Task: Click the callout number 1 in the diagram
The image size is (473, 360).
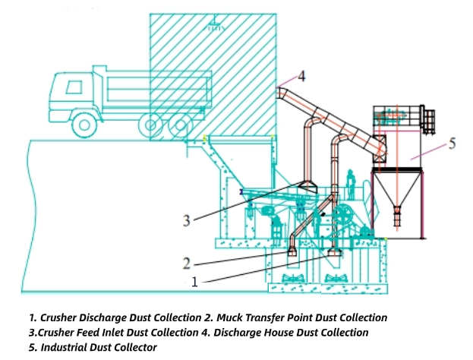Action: (194, 281)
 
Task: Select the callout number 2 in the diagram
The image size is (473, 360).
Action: (186, 263)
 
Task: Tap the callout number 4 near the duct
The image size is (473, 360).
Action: (301, 76)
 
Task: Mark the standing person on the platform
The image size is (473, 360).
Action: (350, 182)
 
